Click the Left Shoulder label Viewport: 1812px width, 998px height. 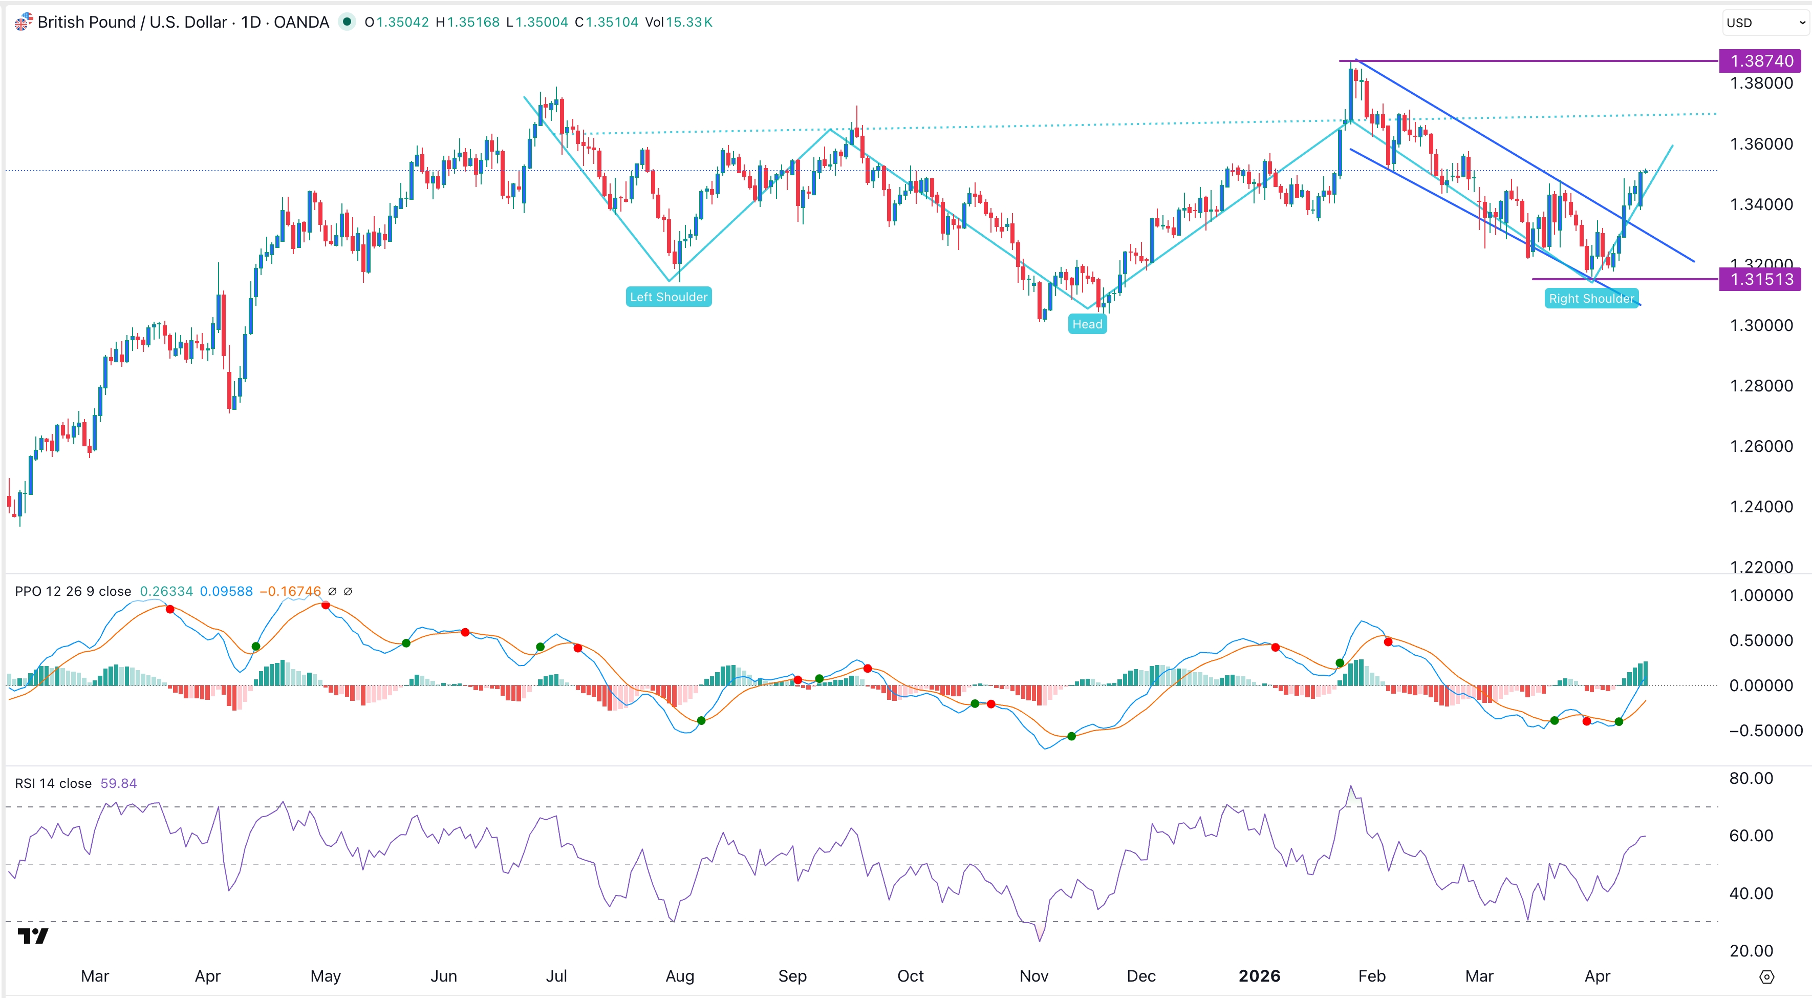[x=668, y=297]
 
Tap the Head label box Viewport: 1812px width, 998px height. [x=1087, y=324]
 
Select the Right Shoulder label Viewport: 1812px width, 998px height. [x=1591, y=298]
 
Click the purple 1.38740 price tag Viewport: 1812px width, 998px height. [x=1761, y=61]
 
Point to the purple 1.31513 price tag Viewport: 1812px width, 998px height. [x=1761, y=279]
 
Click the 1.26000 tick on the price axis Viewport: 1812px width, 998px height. [x=1761, y=446]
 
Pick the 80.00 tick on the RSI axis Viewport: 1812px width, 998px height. [x=1751, y=778]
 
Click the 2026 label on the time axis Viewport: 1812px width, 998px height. [x=1259, y=976]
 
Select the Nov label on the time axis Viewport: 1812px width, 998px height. [x=1033, y=976]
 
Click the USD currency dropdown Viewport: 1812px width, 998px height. [x=1764, y=23]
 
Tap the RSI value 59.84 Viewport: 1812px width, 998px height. [x=118, y=783]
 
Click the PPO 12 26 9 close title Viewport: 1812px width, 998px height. [x=73, y=591]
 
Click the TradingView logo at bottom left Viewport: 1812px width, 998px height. [x=33, y=935]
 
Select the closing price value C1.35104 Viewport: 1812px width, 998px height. [x=607, y=22]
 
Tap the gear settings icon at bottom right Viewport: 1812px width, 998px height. [x=1766, y=977]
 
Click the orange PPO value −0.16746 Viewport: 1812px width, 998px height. [x=291, y=591]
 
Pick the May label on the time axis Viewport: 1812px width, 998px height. [x=325, y=976]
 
